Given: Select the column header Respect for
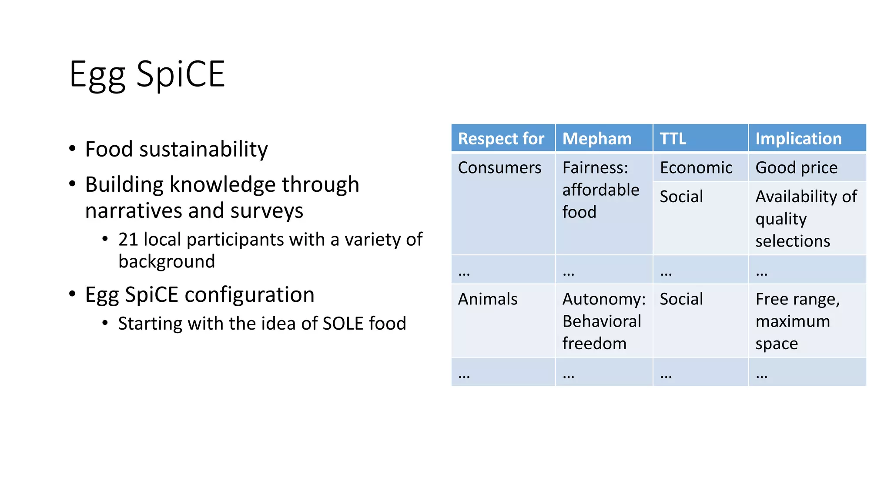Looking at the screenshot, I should (x=501, y=139).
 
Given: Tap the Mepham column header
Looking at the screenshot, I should (x=596, y=139).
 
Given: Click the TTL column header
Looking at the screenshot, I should (x=673, y=139).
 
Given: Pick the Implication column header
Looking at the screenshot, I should (x=798, y=139).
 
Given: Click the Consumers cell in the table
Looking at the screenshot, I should (x=499, y=168).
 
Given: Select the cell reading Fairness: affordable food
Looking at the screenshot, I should (x=600, y=190).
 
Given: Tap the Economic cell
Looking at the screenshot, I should (x=696, y=168).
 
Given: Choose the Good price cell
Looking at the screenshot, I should (x=796, y=168).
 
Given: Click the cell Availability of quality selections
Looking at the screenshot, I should (x=806, y=219).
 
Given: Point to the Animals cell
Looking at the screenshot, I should (x=488, y=299).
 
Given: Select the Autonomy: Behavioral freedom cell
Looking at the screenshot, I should (x=603, y=321).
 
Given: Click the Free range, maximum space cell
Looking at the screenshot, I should (x=797, y=321).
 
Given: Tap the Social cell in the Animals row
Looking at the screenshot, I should (x=681, y=299).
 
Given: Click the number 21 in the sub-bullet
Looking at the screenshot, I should (x=128, y=240).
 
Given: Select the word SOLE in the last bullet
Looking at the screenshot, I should (x=342, y=324).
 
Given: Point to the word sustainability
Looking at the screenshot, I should (x=203, y=150).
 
